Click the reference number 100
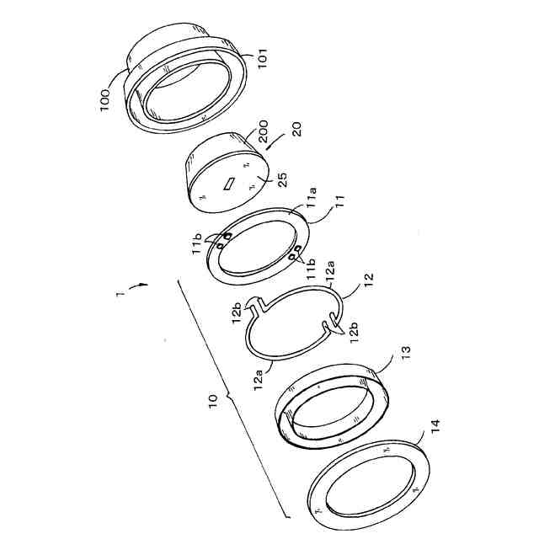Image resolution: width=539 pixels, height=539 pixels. pyautogui.click(x=104, y=100)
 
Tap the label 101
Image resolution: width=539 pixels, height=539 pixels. pyautogui.click(x=262, y=58)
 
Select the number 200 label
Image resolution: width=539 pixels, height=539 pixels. pyautogui.click(x=264, y=131)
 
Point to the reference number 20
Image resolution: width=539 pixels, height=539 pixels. pyautogui.click(x=296, y=129)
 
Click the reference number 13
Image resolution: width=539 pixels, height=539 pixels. pyautogui.click(x=406, y=353)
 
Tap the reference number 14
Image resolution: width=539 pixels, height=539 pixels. pyautogui.click(x=435, y=427)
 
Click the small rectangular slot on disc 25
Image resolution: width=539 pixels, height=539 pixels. pyautogui.click(x=229, y=183)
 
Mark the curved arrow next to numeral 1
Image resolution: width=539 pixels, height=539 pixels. pyautogui.click(x=138, y=286)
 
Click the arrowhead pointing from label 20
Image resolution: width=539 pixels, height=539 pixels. pyautogui.click(x=269, y=147)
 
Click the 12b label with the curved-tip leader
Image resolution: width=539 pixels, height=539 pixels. pyautogui.click(x=354, y=332)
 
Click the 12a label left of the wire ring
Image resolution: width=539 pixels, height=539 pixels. pyautogui.click(x=259, y=379)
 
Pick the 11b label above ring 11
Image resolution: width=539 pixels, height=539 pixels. pyautogui.click(x=197, y=243)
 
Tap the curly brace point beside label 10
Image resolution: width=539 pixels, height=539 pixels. pyautogui.click(x=227, y=398)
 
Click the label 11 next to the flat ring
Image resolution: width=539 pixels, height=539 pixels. pyautogui.click(x=339, y=202)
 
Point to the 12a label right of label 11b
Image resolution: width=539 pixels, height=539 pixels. pyautogui.click(x=330, y=271)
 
